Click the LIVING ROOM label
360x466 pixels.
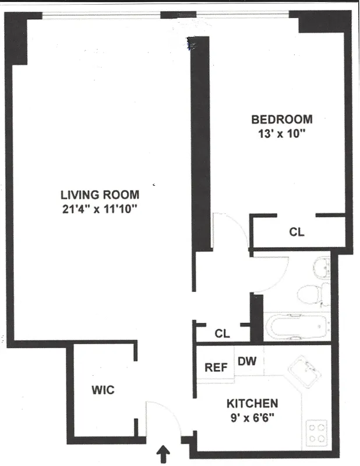(x=101, y=195)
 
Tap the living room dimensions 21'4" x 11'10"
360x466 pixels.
(x=101, y=208)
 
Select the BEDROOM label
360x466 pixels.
(x=281, y=119)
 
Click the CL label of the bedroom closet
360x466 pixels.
(x=297, y=232)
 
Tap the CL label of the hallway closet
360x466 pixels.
(x=222, y=334)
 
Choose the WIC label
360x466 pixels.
(x=103, y=390)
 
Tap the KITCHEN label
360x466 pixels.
(x=252, y=403)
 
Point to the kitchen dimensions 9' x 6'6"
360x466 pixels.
(x=252, y=416)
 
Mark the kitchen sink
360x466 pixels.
(x=307, y=370)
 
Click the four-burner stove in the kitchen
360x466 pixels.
(x=317, y=432)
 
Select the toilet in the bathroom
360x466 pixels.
(x=310, y=293)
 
